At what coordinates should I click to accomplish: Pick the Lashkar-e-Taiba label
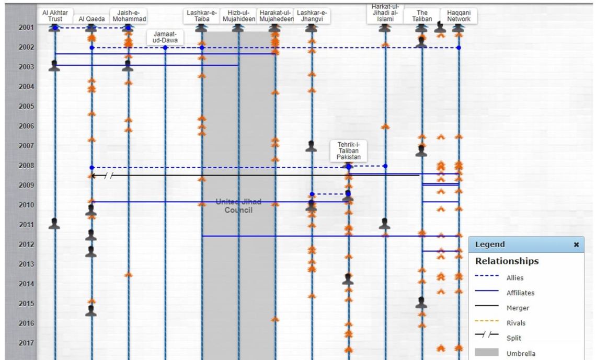click(x=202, y=15)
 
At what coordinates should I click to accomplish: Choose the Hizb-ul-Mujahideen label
click(x=238, y=15)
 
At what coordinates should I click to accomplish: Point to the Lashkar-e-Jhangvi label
click(x=312, y=15)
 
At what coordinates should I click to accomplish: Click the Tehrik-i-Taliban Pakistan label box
click(x=349, y=150)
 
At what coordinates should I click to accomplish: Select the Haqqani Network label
click(x=459, y=15)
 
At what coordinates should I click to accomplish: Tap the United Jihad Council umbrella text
click(x=238, y=206)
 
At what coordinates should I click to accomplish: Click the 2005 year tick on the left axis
click(x=27, y=107)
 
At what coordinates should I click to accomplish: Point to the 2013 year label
click(x=27, y=264)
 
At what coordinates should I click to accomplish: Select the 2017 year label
click(x=27, y=343)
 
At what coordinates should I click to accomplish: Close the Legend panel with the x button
click(x=577, y=245)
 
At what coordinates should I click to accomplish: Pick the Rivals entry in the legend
click(x=515, y=323)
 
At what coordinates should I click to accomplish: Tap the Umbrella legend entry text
click(x=521, y=353)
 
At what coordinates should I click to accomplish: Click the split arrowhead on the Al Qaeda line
click(x=93, y=176)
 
